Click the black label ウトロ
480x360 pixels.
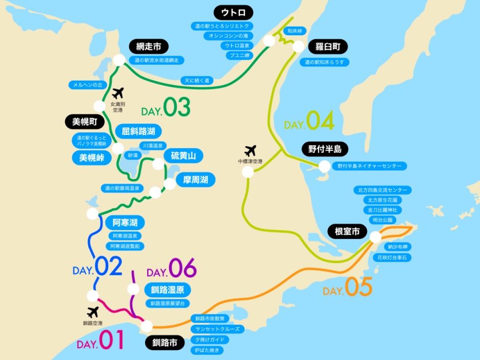(x=234, y=12)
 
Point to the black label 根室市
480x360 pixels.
(x=347, y=231)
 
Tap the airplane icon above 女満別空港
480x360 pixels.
(x=118, y=93)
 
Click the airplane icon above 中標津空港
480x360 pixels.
(x=250, y=151)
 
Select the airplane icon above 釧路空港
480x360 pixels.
(x=92, y=312)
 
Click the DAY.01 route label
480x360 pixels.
(x=101, y=341)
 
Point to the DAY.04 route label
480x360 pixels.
(x=309, y=122)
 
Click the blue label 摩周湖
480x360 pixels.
(x=192, y=180)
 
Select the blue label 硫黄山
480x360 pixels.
(x=183, y=155)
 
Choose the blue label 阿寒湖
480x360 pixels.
(x=125, y=223)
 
